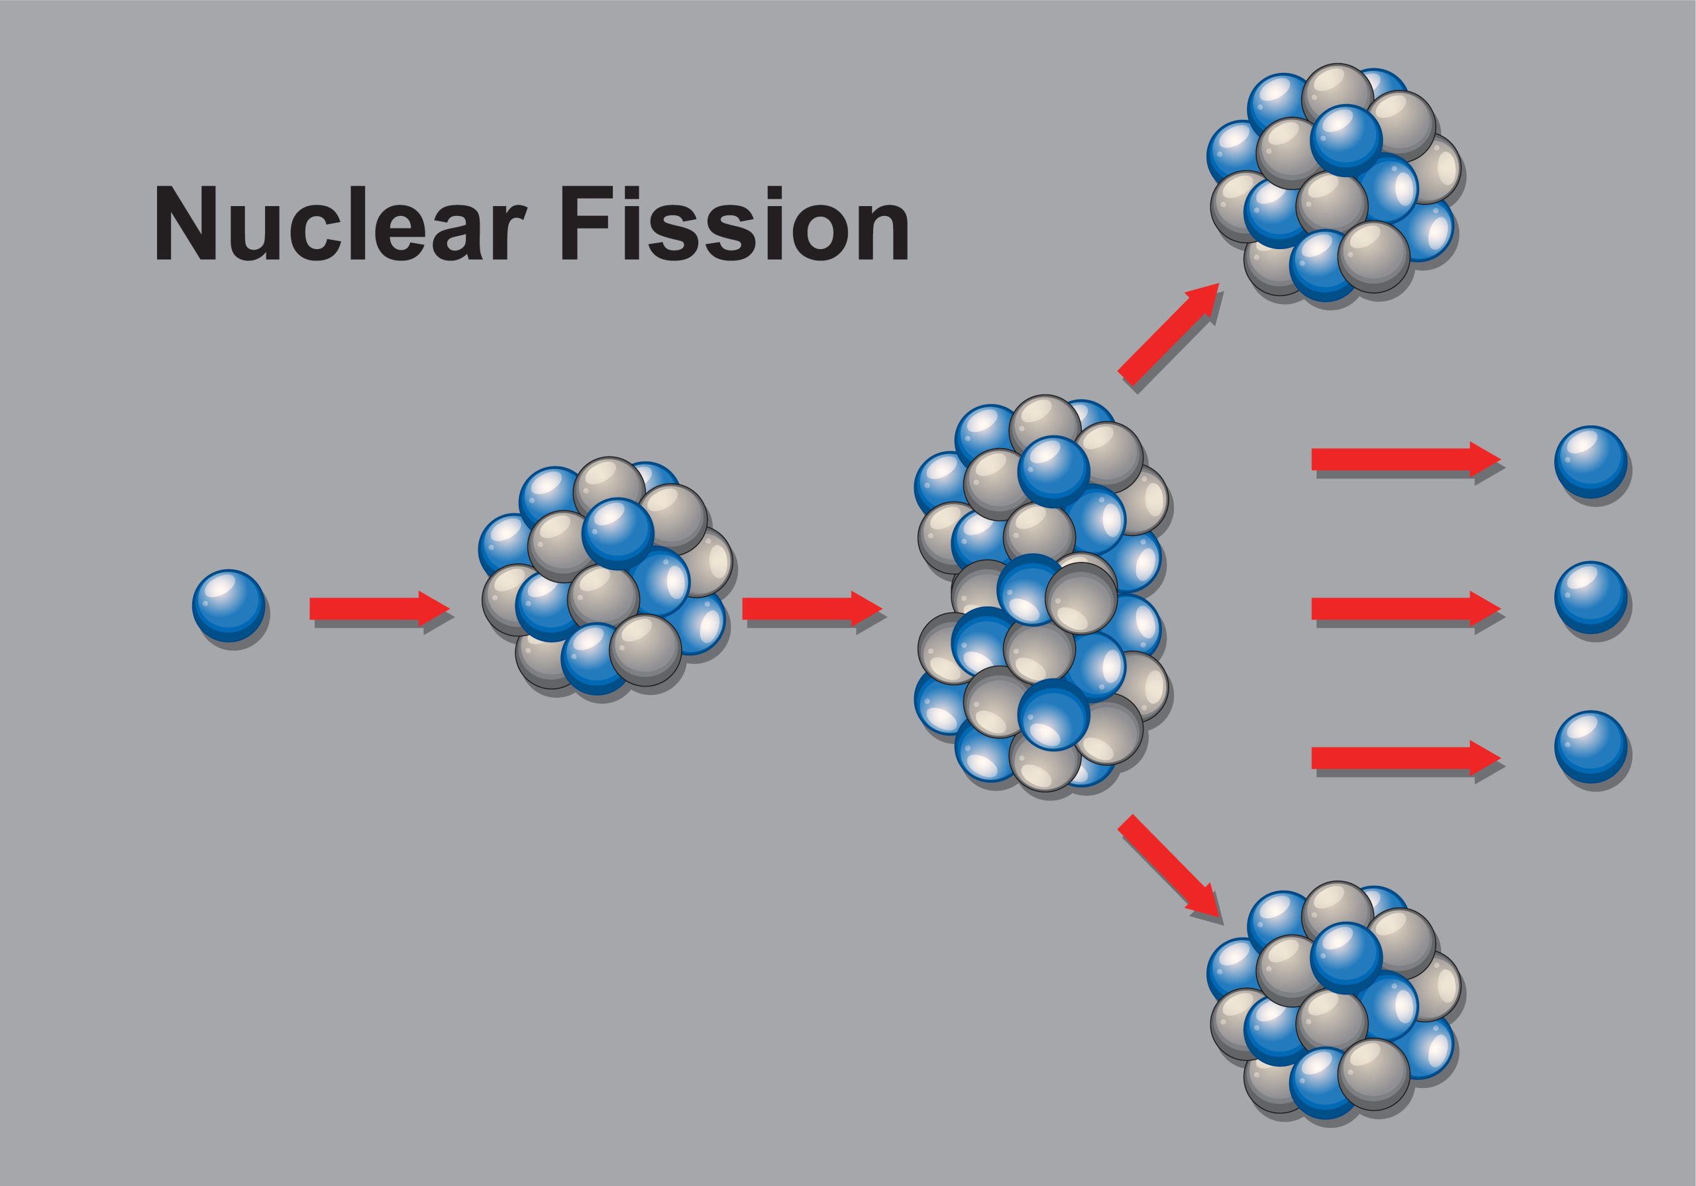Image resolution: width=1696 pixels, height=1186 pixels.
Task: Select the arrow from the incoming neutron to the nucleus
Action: pos(378,608)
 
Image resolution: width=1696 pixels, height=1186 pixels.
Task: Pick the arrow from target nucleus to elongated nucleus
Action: pos(811,608)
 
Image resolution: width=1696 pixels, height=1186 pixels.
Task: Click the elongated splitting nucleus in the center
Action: pos(1041,597)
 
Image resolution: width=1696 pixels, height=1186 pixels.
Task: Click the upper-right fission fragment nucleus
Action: pos(1336,185)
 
